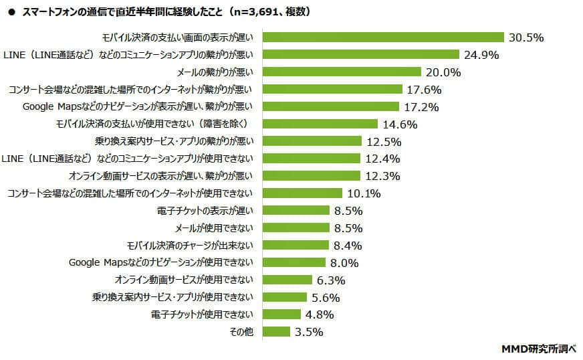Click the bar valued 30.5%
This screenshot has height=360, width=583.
click(x=383, y=37)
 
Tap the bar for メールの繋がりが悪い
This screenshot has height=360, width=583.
click(x=342, y=72)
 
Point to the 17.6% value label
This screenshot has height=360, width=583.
click(x=425, y=89)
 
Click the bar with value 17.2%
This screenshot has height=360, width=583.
click(x=331, y=106)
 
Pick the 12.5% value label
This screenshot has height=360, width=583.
click(x=384, y=141)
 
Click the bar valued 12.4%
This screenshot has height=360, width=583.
click(x=312, y=159)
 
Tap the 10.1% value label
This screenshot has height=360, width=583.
click(x=364, y=194)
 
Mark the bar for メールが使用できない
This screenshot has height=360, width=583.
click(x=296, y=228)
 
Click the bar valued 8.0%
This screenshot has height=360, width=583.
click(x=294, y=262)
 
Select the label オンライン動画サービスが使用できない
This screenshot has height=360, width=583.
click(x=183, y=280)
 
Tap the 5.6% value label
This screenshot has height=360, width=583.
click(x=326, y=298)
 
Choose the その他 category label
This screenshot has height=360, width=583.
click(x=241, y=332)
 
